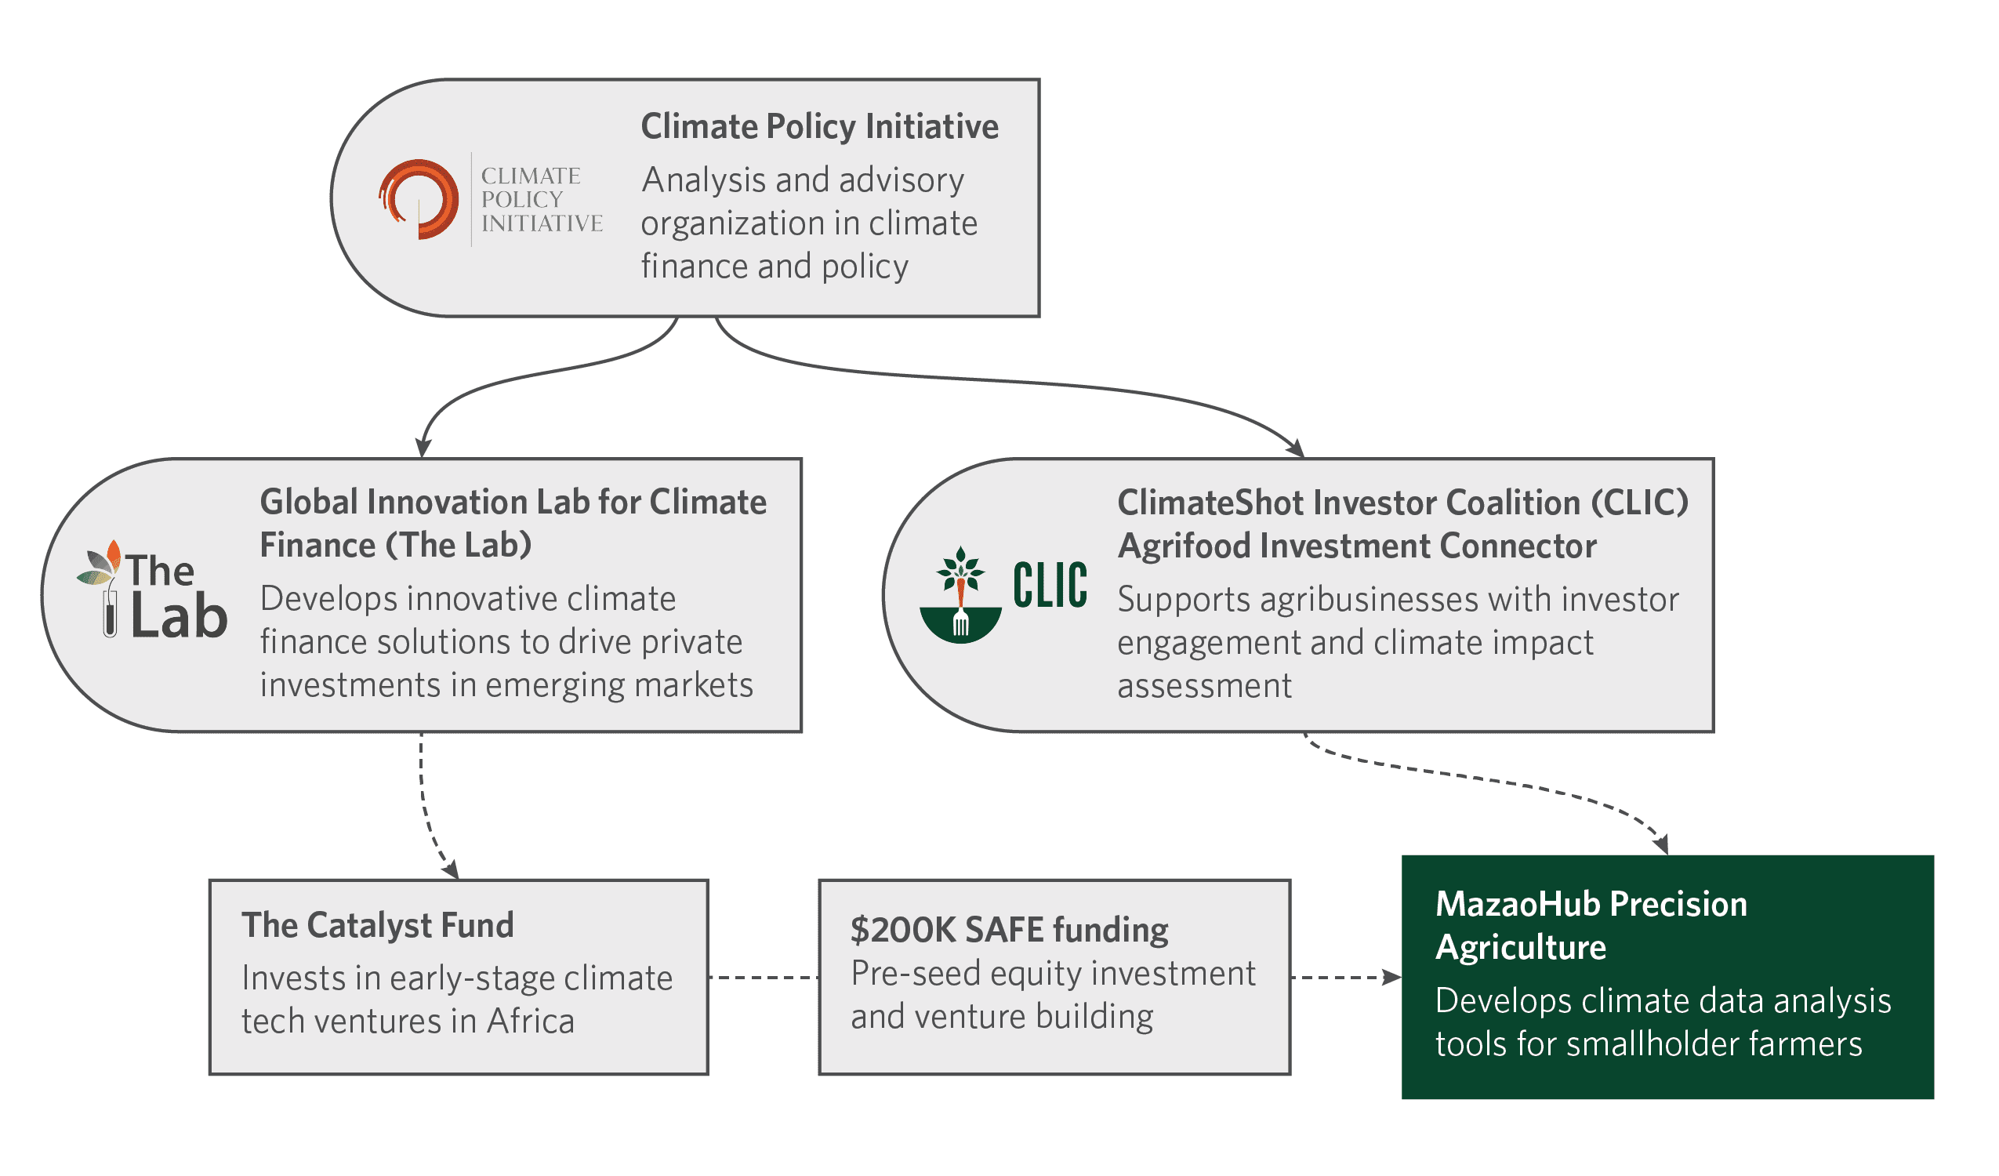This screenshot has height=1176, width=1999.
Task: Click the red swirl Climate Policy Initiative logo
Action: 419,199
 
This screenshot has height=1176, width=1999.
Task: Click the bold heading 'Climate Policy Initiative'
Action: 819,126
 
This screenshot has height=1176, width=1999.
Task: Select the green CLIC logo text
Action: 1050,586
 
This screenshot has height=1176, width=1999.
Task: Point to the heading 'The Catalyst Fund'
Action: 378,925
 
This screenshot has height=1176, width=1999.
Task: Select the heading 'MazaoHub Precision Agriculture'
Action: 1591,925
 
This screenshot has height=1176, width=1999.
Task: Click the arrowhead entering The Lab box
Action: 423,448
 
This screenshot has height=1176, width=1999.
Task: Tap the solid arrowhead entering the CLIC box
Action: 1296,448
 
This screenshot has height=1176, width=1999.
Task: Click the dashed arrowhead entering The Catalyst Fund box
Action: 451,869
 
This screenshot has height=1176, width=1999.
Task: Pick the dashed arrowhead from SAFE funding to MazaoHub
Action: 1392,978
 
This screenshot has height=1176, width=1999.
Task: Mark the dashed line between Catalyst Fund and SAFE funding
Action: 763,978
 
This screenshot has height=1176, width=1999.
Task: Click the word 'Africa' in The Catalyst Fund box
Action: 531,1022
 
